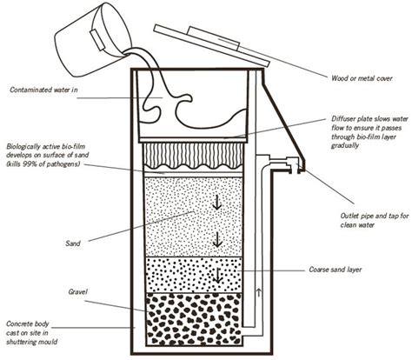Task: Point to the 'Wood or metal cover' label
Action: point(357,77)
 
